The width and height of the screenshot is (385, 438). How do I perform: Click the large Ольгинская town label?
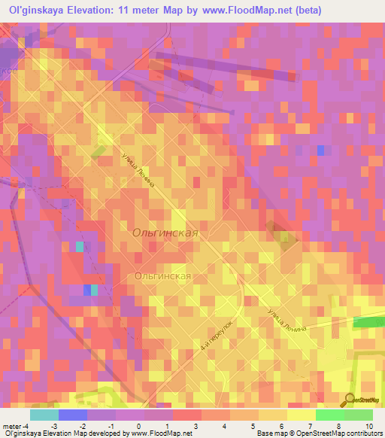[x=165, y=233]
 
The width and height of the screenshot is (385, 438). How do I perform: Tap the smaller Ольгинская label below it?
[x=162, y=276]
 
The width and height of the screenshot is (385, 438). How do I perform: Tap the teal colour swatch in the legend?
[x=44, y=415]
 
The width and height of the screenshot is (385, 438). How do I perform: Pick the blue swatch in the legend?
[x=72, y=415]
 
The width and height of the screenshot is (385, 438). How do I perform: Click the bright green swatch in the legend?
[x=329, y=415]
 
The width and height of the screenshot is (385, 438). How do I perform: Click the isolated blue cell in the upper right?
[x=321, y=151]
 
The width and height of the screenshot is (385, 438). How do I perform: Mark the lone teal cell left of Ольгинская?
[x=80, y=247]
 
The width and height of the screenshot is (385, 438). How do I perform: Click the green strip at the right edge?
[x=368, y=322]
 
